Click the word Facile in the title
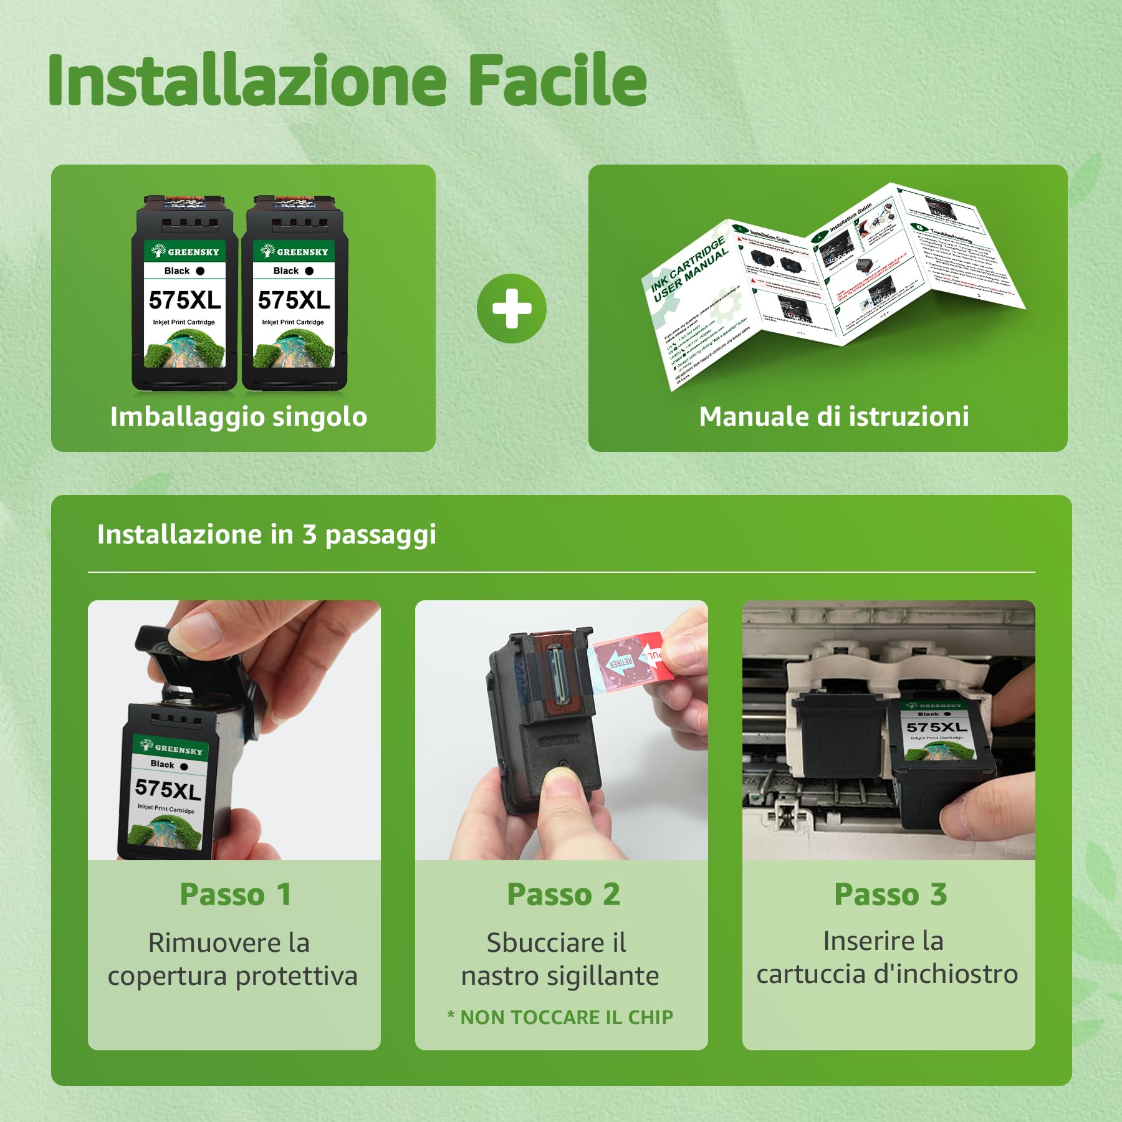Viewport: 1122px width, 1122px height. [557, 82]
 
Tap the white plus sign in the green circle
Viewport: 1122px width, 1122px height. [512, 309]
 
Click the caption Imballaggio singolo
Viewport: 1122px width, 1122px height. [239, 416]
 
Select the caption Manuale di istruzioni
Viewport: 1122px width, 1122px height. [834, 416]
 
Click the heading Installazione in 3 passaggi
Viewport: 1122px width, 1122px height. [266, 534]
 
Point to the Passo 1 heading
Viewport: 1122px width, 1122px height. [235, 894]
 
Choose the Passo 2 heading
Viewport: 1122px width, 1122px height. [563, 894]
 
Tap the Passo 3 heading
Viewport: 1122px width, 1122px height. [890, 894]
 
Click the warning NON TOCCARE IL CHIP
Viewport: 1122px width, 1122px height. [560, 1017]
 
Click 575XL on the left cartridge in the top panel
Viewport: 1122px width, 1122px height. [185, 300]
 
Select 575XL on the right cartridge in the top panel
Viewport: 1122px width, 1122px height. [294, 300]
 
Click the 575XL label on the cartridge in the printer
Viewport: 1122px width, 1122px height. [936, 727]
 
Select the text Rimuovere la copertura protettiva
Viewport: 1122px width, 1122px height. [233, 959]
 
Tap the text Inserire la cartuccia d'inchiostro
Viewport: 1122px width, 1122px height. [887, 958]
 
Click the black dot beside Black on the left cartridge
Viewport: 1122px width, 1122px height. [200, 271]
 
